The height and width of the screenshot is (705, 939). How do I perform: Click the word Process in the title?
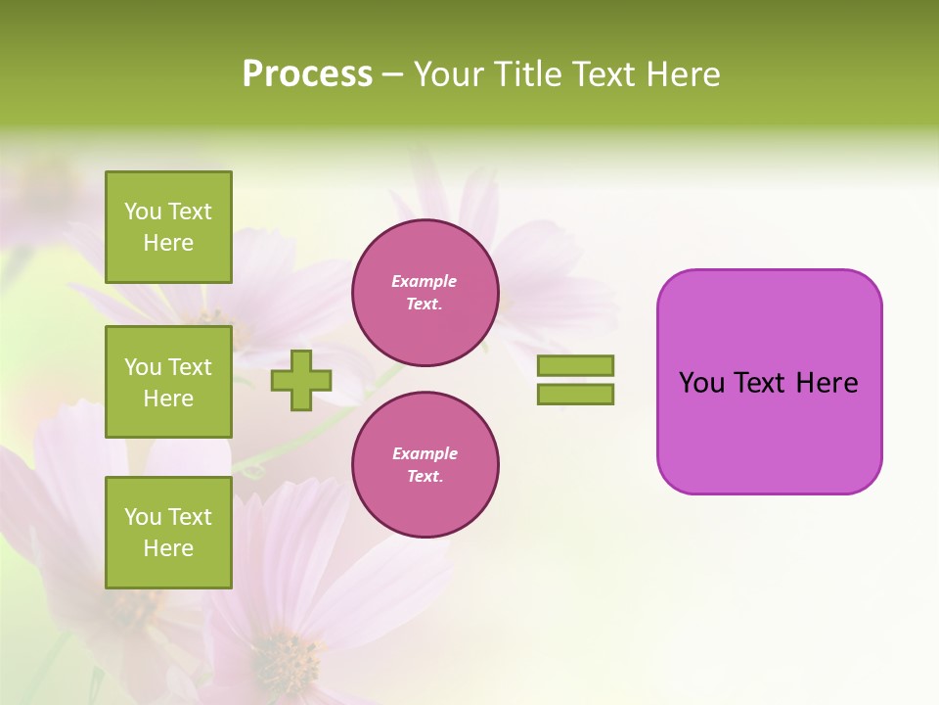click(x=307, y=74)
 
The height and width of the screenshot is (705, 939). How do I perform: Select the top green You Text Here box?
click(x=168, y=227)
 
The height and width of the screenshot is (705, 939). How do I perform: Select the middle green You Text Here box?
click(x=168, y=382)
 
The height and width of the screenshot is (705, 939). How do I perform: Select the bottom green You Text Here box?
click(x=168, y=533)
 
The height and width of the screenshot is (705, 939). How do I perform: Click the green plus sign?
click(x=300, y=380)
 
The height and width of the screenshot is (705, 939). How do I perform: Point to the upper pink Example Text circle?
click(x=425, y=292)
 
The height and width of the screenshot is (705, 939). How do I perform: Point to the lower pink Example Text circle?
click(x=425, y=464)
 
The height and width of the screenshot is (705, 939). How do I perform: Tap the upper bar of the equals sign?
click(x=575, y=366)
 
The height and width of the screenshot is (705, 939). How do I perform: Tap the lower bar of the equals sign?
click(x=575, y=394)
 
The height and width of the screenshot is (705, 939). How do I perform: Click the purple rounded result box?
click(x=769, y=431)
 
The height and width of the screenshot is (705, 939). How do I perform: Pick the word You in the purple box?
click(x=701, y=383)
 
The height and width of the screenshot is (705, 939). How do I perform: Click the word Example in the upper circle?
click(x=425, y=281)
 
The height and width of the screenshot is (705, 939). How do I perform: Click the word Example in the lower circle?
click(x=425, y=453)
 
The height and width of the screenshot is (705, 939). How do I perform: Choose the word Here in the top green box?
click(x=168, y=243)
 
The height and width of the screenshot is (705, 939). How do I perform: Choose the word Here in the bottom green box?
click(x=168, y=548)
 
